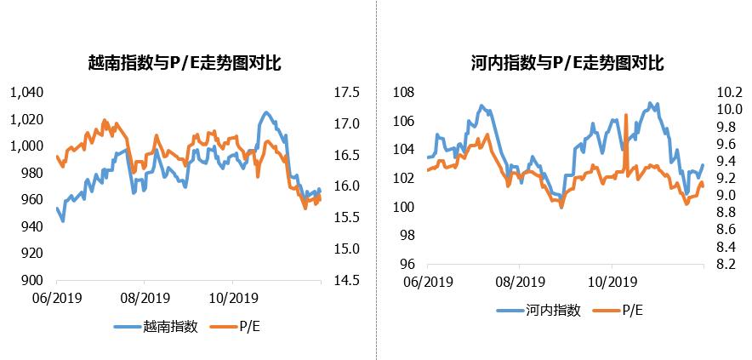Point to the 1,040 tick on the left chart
tap(25, 92)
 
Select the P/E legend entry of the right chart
tap(633, 310)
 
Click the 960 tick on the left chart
tap(31, 200)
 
